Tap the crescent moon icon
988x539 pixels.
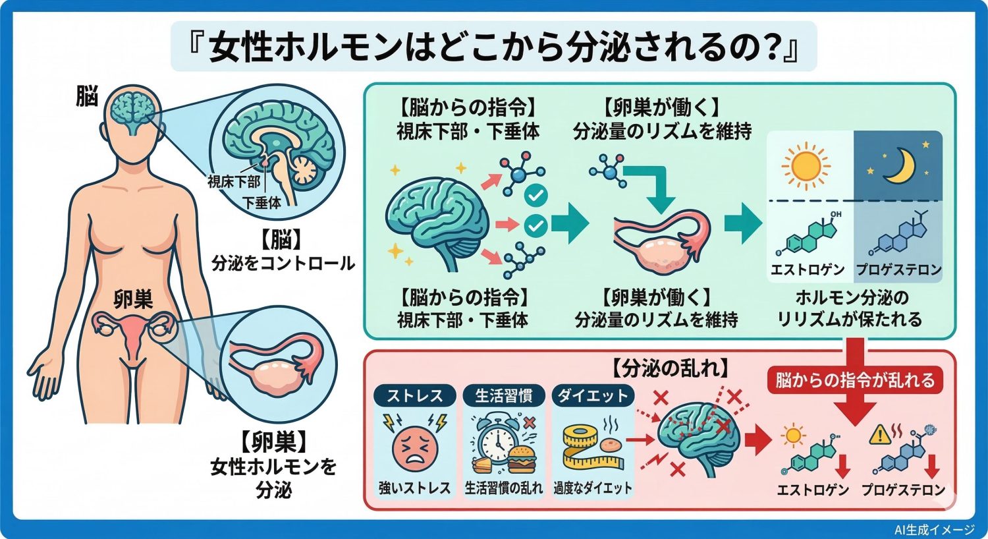tap(899, 164)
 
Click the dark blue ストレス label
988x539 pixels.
tap(413, 395)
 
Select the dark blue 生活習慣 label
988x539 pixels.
tap(503, 395)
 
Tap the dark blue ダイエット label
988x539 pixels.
tap(593, 395)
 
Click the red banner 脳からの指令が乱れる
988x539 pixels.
tap(854, 380)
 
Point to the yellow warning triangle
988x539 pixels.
tap(879, 434)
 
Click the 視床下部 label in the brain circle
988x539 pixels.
tap(234, 181)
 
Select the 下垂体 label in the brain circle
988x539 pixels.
tap(261, 202)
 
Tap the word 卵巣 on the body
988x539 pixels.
tap(133, 300)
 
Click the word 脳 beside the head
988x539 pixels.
tap(86, 97)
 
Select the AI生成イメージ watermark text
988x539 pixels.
tap(935, 529)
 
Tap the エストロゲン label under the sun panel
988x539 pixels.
tap(808, 269)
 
